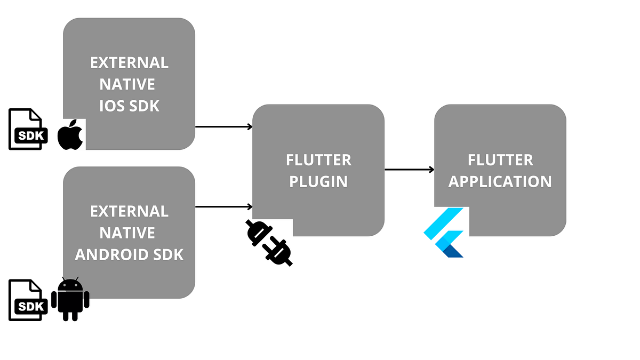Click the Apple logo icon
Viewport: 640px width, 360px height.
(x=70, y=135)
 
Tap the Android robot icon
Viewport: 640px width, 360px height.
(x=70, y=300)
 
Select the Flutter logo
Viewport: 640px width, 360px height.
(x=445, y=233)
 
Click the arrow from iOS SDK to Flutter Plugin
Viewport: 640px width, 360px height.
(x=223, y=127)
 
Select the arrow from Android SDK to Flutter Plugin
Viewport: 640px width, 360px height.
(x=223, y=206)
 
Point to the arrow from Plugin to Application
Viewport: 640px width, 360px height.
(x=409, y=170)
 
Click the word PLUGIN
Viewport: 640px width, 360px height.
(x=318, y=181)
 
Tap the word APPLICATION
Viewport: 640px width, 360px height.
(x=500, y=181)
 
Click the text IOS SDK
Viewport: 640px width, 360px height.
(x=129, y=106)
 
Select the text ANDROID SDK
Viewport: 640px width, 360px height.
(x=129, y=254)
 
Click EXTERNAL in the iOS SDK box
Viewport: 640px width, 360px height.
(x=129, y=63)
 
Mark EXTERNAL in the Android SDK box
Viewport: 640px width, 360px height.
(x=129, y=211)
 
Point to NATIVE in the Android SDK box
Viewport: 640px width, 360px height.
(x=127, y=233)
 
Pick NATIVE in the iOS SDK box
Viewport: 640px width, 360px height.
(x=127, y=84)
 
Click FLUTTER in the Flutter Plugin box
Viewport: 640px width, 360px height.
(x=318, y=160)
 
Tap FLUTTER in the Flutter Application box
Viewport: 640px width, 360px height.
(x=500, y=160)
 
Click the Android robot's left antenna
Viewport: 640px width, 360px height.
(x=63, y=279)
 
